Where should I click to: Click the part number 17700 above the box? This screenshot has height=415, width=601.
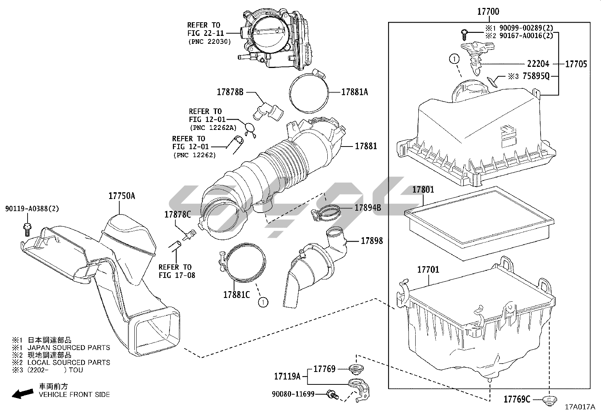click(489, 12)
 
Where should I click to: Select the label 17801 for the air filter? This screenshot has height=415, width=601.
click(423, 190)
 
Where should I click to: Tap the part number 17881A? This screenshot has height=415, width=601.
click(354, 92)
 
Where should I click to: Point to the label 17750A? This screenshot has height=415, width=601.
click(122, 196)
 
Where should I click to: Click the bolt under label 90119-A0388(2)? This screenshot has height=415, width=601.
click(27, 230)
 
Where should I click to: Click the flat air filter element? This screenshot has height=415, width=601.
click(479, 223)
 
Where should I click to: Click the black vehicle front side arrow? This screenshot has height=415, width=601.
click(23, 394)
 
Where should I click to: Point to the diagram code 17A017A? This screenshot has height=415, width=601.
click(580, 407)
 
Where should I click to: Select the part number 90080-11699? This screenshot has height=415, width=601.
click(293, 394)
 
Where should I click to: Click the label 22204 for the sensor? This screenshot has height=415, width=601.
click(538, 64)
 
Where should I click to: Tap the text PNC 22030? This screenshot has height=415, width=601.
click(210, 42)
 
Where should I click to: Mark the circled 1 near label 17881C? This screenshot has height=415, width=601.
click(263, 302)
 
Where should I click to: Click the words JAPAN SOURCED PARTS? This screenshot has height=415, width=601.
click(69, 348)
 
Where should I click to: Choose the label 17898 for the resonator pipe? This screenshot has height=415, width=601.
click(371, 241)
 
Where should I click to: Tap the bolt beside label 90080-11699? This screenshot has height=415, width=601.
click(333, 395)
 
